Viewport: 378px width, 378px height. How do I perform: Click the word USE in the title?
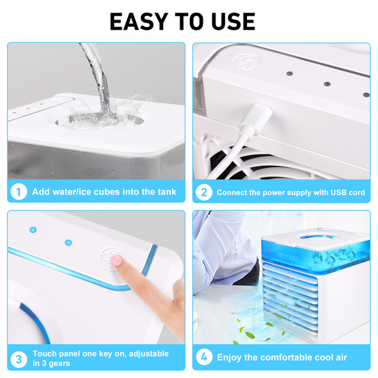[x=233, y=21]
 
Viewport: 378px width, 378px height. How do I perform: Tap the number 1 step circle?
[x=18, y=192]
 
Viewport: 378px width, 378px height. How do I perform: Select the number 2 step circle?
[x=204, y=192]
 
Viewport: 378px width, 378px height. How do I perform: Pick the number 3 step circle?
[x=18, y=359]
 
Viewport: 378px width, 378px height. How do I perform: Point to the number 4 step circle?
[x=204, y=357]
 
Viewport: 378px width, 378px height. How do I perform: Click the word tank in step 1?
[x=167, y=192]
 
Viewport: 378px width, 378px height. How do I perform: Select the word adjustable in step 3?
[x=149, y=354]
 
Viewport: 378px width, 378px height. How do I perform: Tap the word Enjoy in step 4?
[x=229, y=357]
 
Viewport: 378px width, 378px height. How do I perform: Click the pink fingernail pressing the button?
[x=116, y=261]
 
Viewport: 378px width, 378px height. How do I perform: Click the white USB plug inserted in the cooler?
[x=256, y=119]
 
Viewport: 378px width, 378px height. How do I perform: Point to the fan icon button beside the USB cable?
[x=246, y=62]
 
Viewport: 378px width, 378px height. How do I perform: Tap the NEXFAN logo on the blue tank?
[x=287, y=256]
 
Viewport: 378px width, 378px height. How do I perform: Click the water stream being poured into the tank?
[x=96, y=77]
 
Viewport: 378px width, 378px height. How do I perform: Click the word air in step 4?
[x=340, y=357]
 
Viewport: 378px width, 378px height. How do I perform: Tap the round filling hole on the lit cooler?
[x=316, y=238]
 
